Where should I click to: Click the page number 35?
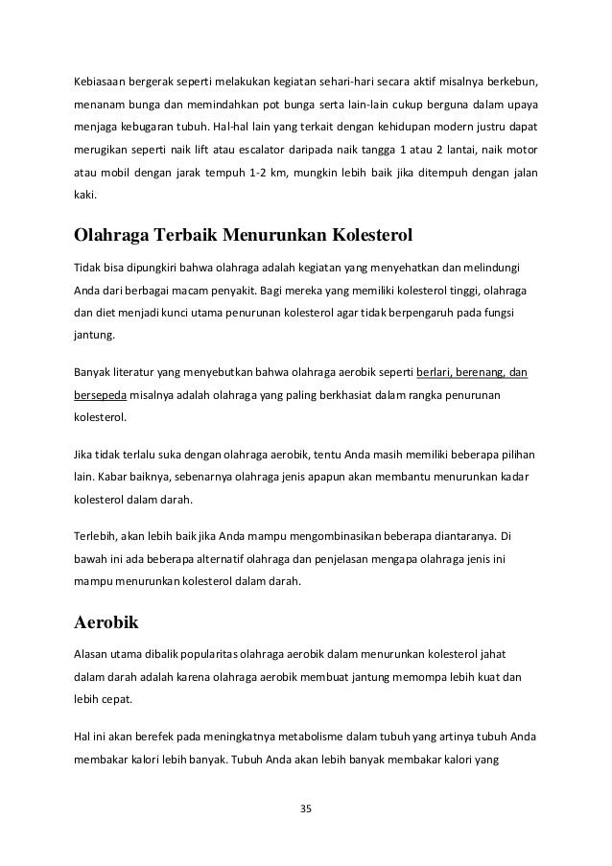click(x=306, y=809)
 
